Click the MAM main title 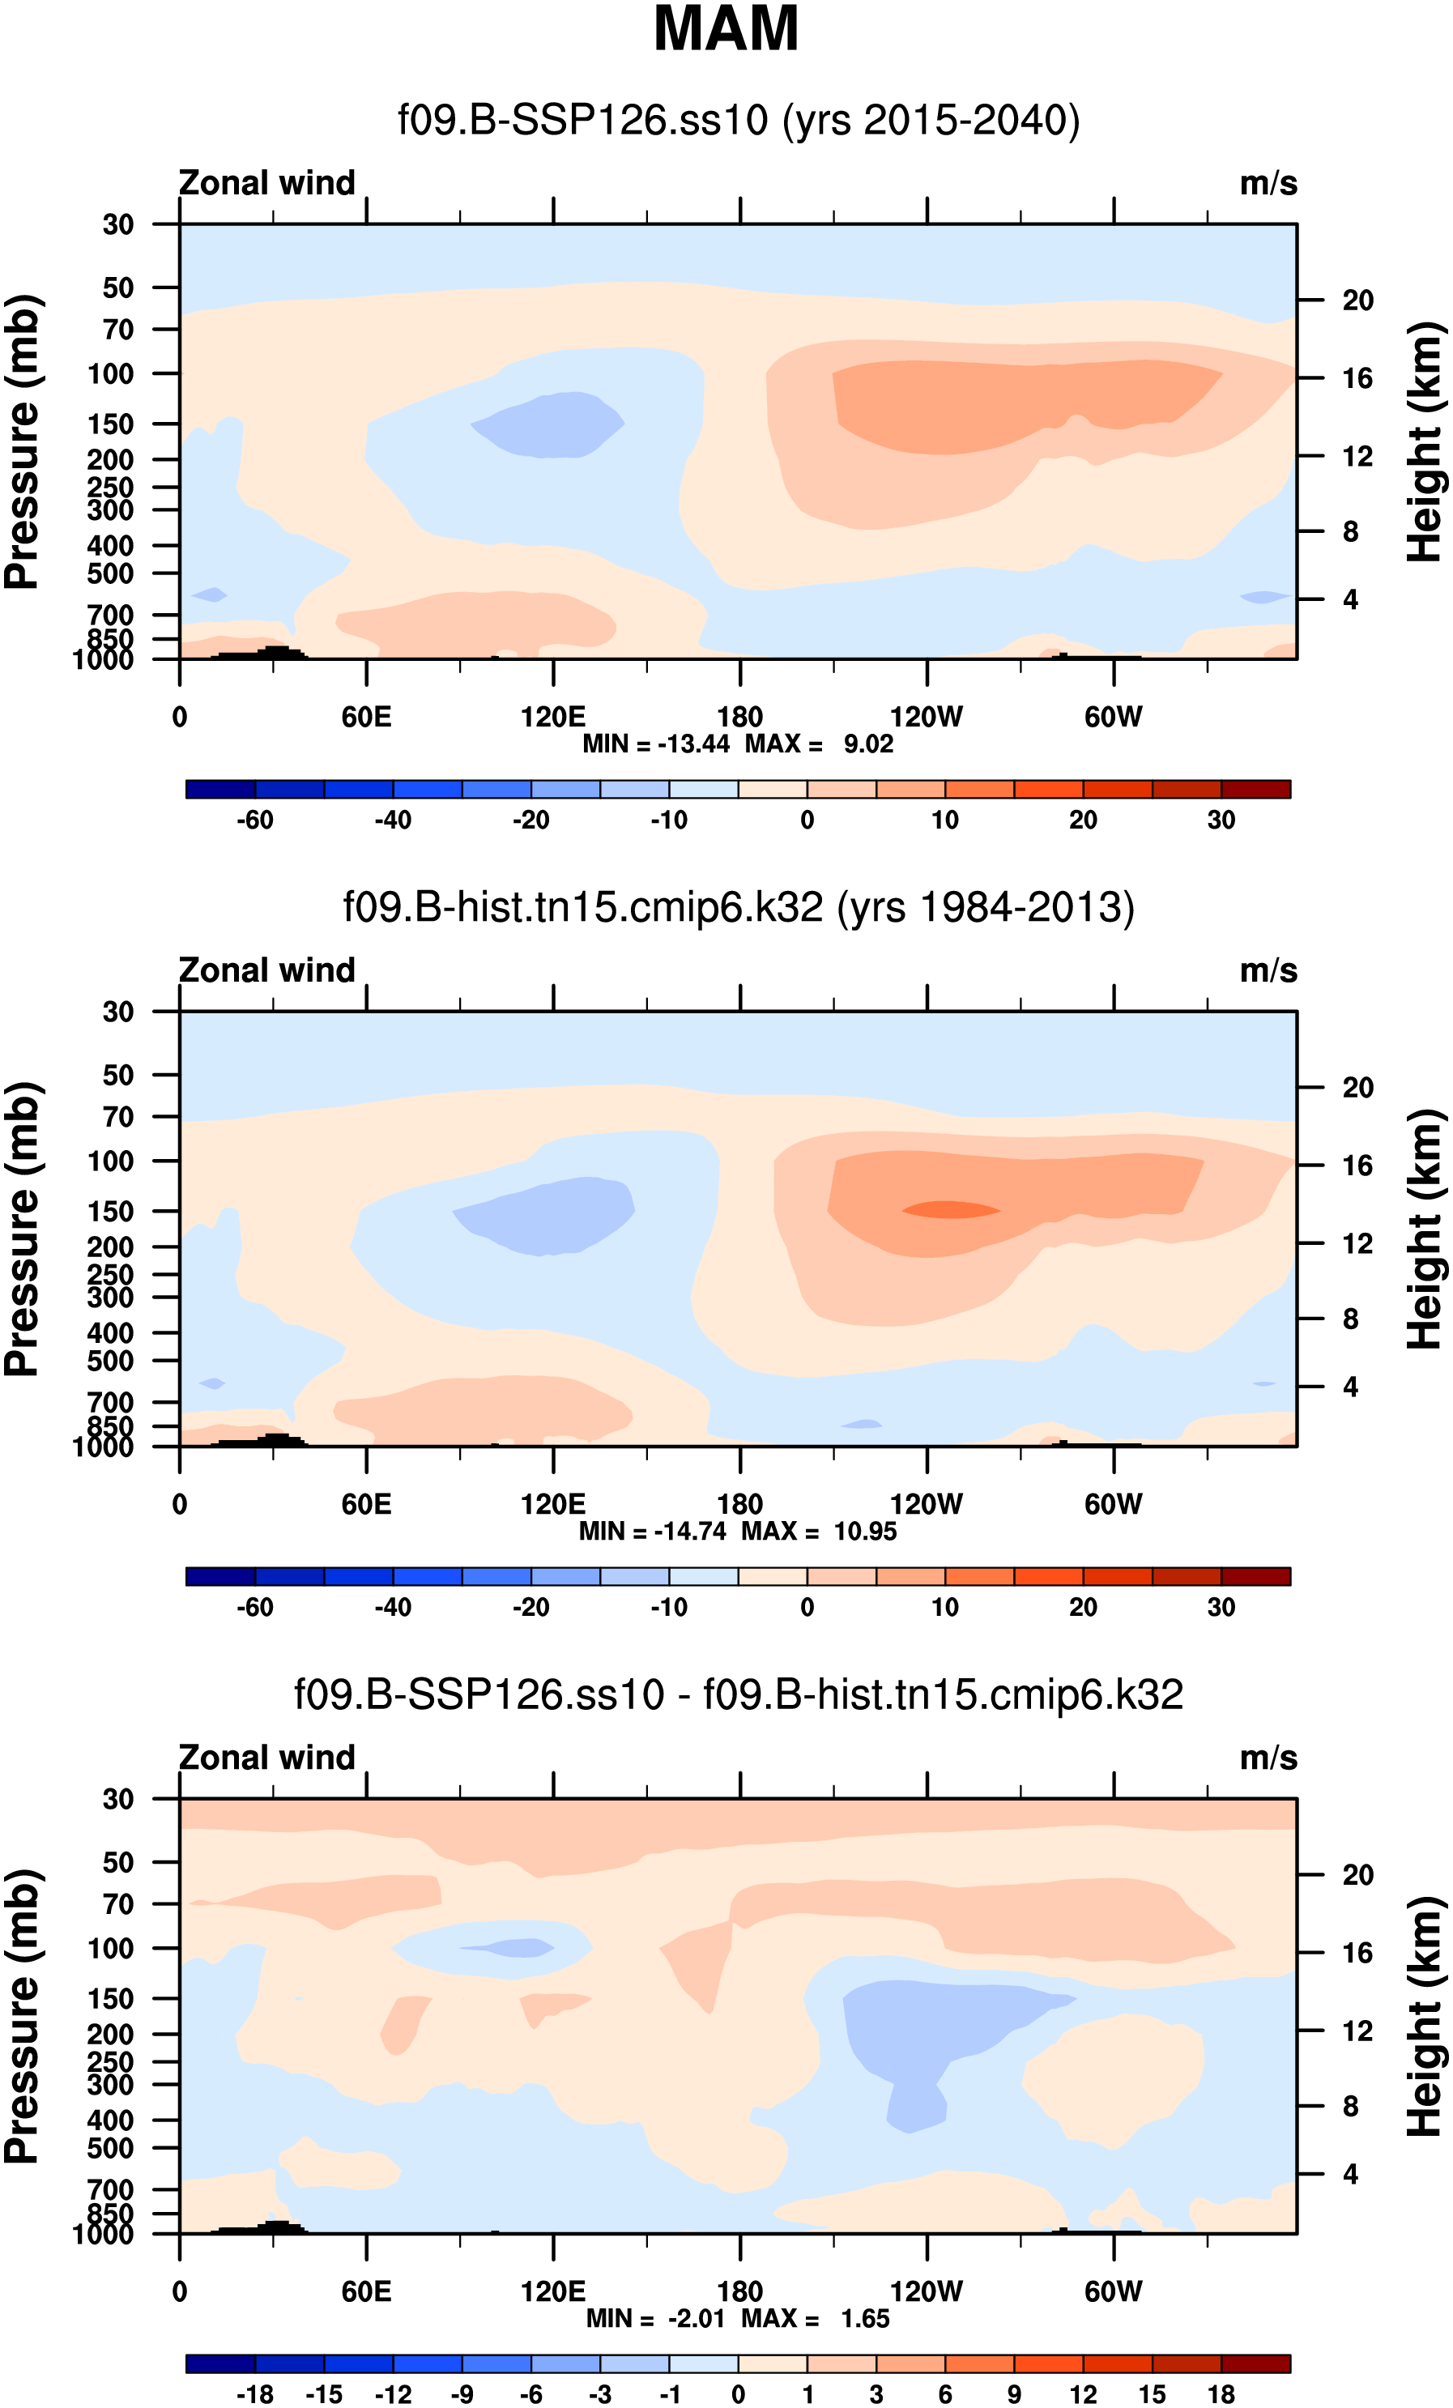(x=725, y=29)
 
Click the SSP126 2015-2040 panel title (x=738, y=120)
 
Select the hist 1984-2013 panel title (x=738, y=908)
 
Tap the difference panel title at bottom (x=738, y=1694)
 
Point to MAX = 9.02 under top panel (x=819, y=744)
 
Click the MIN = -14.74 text (x=652, y=1532)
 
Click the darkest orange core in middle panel (x=950, y=1210)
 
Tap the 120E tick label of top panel (x=553, y=718)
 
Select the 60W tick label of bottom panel (x=1113, y=2291)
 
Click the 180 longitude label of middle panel (x=739, y=1504)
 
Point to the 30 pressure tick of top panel (x=118, y=225)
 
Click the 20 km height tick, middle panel (x=1357, y=1088)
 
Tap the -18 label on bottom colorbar (x=255, y=2394)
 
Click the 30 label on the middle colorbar (x=1221, y=1608)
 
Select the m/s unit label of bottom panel (x=1268, y=1758)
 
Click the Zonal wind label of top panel (x=266, y=184)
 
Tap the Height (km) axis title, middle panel (x=1425, y=1229)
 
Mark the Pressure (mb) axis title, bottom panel (x=22, y=2016)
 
